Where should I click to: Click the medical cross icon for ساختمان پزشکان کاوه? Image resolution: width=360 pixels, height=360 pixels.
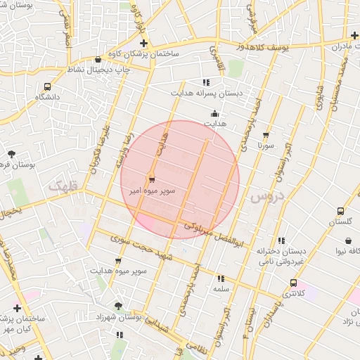pos(144,44)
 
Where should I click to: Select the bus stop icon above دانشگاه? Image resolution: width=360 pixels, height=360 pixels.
pos(47,87)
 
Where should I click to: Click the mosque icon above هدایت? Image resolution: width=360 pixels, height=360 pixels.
pos(214,114)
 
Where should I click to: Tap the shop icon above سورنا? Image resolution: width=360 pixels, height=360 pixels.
pos(265,136)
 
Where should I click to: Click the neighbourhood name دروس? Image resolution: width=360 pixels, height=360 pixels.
pos(264,197)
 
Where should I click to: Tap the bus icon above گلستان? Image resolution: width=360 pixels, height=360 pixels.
pos(341,210)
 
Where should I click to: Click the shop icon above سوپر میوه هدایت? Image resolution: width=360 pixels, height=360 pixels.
pos(117,261)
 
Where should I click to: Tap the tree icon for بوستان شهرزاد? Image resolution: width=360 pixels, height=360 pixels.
pos(118,306)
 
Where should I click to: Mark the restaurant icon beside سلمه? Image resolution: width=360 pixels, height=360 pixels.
pos(221,278)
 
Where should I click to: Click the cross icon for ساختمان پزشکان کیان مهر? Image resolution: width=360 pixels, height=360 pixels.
pos(17,309)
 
